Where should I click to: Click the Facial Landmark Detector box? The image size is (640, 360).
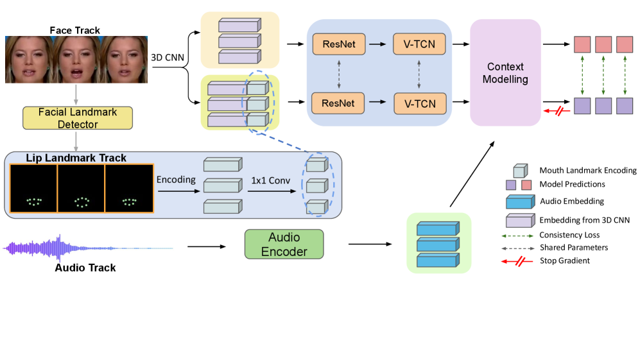(77, 118)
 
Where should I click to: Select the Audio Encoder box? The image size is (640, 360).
(284, 244)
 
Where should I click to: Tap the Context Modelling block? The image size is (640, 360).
(505, 73)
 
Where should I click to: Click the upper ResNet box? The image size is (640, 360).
(338, 45)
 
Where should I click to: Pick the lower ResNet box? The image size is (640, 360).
(338, 103)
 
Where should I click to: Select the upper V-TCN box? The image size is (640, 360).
(419, 45)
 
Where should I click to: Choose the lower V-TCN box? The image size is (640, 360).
(419, 103)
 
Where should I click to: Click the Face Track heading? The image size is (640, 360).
(75, 30)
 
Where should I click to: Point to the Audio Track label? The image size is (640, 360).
(85, 268)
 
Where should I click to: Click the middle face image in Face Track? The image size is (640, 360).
(76, 60)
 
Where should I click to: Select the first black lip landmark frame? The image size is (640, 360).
(33, 189)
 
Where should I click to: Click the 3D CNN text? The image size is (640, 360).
(168, 58)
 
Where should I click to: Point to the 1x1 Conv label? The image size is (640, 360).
(270, 180)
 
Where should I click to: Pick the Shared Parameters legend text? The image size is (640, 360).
(574, 247)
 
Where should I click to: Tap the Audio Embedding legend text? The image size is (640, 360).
(571, 201)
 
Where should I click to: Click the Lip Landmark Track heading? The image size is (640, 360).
(76, 158)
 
